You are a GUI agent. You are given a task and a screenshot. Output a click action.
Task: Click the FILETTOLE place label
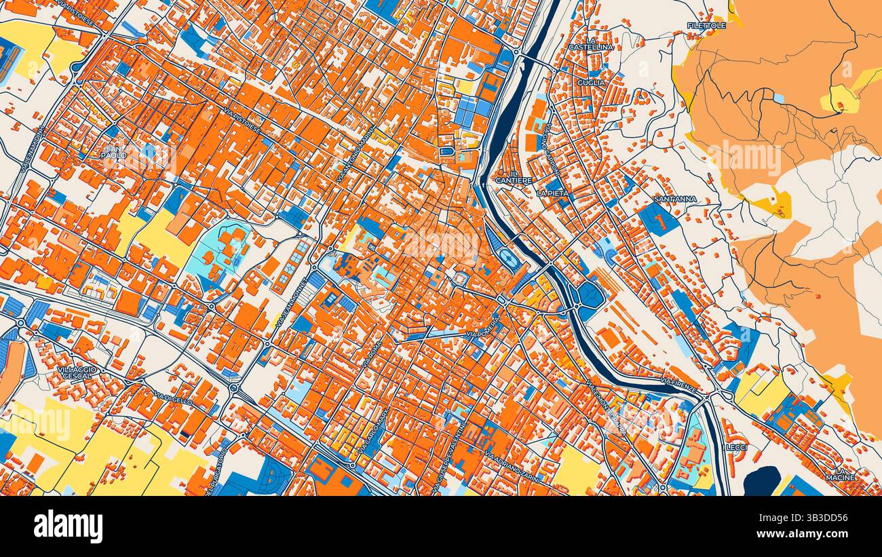coord(706,25)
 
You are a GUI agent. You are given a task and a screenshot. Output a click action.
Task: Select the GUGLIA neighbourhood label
coord(586,83)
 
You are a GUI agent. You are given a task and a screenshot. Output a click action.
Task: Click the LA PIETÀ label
coord(552,193)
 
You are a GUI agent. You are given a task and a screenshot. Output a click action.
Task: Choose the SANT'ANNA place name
coord(674,199)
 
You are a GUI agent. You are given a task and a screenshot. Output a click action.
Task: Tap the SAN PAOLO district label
coord(114,151)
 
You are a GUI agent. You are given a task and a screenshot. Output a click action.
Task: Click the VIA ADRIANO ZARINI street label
coord(513,467)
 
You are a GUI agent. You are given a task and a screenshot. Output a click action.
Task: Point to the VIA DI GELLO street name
coord(172,398)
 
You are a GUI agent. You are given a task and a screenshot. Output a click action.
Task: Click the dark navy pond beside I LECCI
coord(761,480)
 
